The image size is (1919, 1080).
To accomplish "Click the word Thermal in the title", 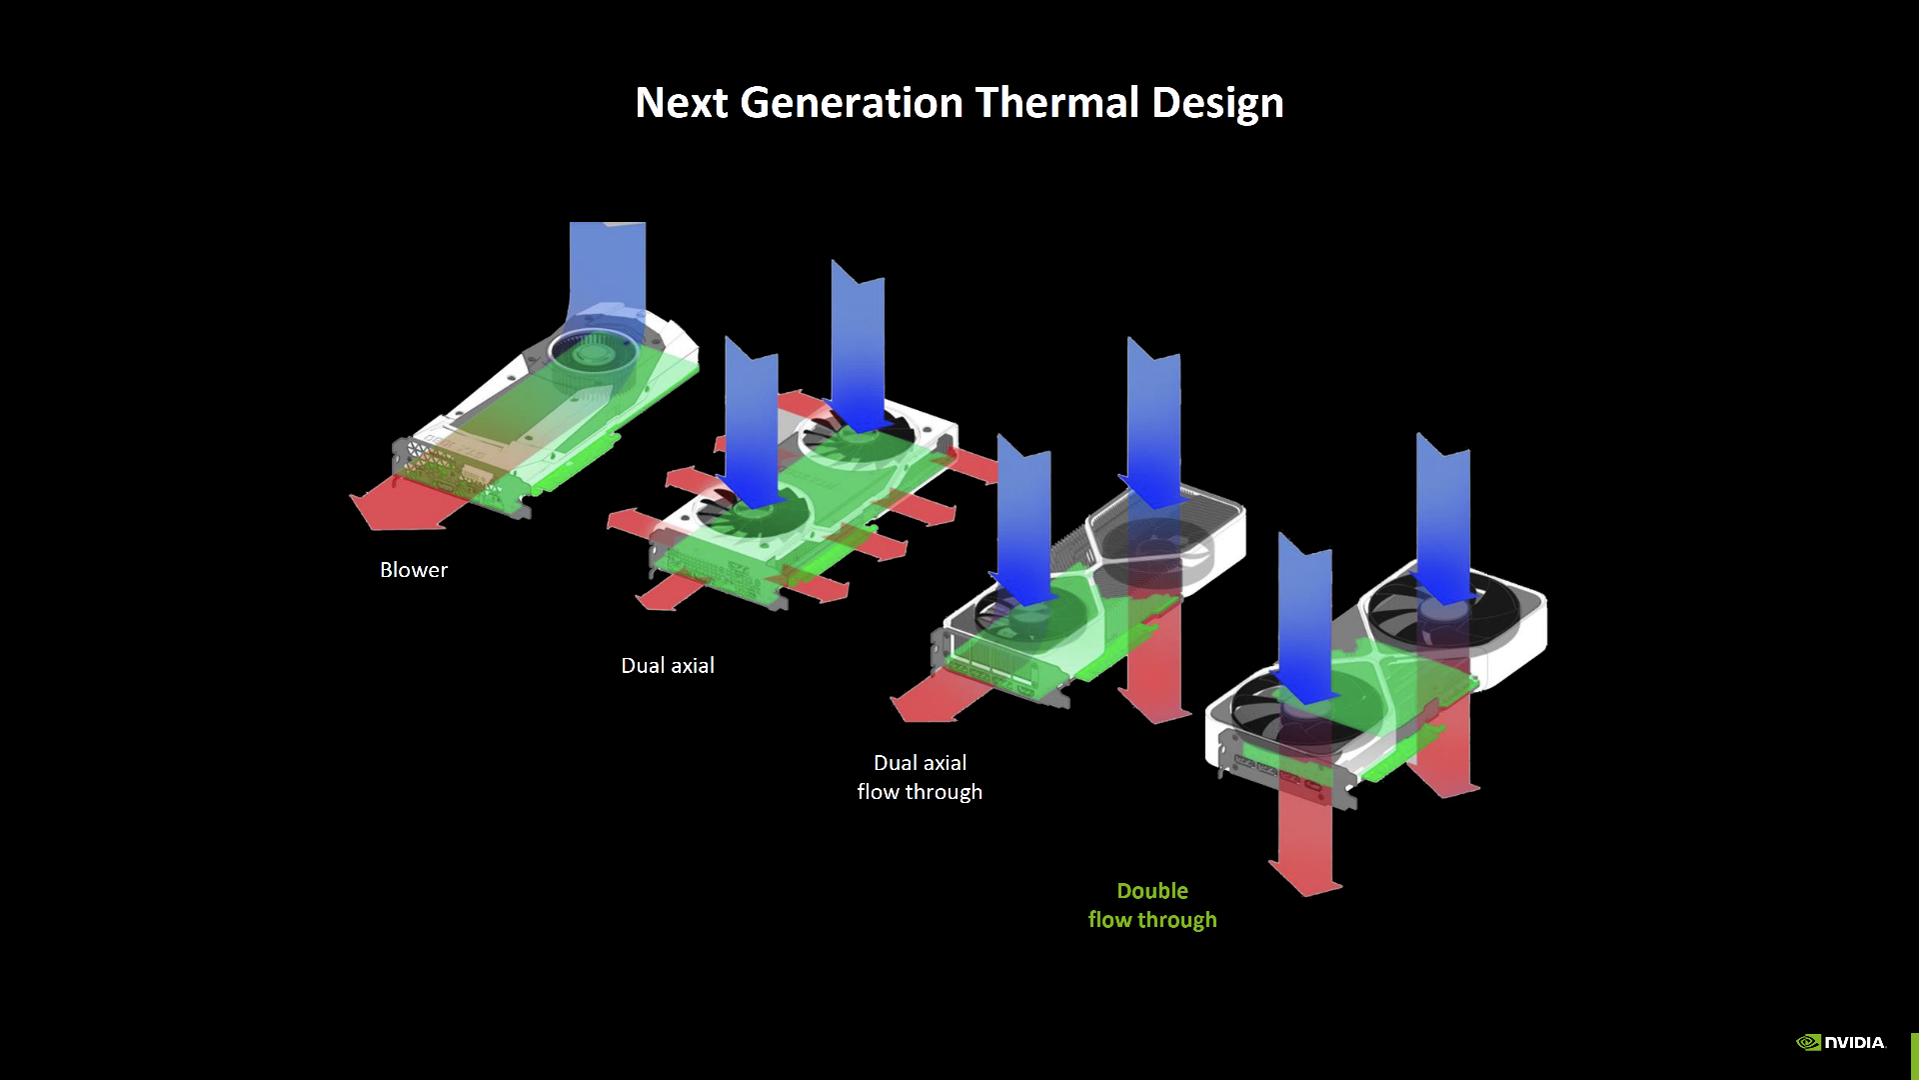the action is pos(1056,102).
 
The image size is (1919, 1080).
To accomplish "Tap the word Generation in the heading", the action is pos(852,102).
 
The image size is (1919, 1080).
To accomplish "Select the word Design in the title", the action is pos(1217,104).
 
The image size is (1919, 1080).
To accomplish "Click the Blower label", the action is pos(414,570).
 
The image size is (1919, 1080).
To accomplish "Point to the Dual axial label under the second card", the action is pos(668,666).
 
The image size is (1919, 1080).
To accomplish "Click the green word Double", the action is pos(1152,891).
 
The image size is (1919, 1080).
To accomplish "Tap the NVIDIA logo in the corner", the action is pos(1841,1042).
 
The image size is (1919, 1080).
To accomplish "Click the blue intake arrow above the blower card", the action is pos(607,280).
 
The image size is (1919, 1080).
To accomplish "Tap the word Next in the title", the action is pos(682,102).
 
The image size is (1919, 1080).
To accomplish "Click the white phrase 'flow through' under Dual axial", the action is pos(920,792).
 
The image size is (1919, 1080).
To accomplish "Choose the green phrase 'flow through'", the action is pos(1152,920).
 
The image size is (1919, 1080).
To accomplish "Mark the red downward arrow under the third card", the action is pos(1154,655).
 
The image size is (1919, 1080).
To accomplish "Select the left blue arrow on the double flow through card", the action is pos(1305,619).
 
